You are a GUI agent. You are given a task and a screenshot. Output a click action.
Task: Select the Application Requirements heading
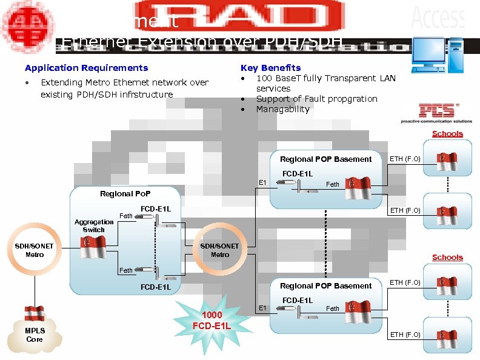coord(86,68)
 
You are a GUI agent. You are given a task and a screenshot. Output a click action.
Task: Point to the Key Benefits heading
coord(270,68)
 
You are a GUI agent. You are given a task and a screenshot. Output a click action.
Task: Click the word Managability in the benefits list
coord(282,109)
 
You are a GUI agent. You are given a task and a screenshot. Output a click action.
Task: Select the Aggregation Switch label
coord(93,226)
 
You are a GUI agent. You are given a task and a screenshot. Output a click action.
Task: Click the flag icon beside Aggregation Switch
coord(93,247)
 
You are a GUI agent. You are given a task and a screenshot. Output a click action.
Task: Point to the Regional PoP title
coord(124,194)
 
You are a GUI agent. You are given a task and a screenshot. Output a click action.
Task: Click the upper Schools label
coord(447,134)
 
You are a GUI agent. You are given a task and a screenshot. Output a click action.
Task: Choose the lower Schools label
coord(447,258)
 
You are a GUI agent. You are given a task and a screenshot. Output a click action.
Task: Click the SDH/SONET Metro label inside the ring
coord(219,250)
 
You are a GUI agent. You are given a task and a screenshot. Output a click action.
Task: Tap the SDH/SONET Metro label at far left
coord(35,250)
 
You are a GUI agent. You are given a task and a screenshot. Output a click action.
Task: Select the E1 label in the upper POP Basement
coord(262,182)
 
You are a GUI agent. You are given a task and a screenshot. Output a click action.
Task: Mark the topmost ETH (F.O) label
coord(405,159)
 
